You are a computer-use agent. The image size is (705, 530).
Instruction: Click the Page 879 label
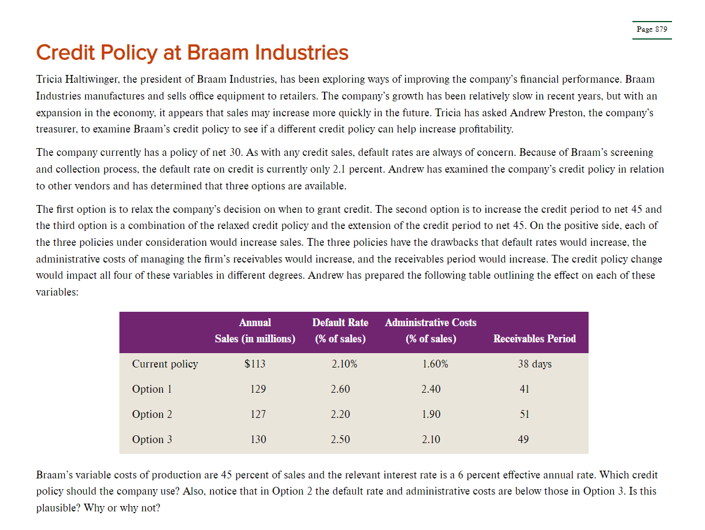tap(652, 29)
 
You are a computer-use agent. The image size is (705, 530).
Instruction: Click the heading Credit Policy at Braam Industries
tap(192, 53)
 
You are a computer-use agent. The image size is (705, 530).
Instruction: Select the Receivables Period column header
tap(534, 339)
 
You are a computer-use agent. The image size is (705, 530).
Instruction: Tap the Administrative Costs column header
tap(431, 331)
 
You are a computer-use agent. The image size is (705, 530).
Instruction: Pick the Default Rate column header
tap(340, 331)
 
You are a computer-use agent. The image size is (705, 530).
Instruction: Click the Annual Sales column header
tap(255, 331)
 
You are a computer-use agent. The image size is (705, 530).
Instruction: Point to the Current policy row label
tap(165, 364)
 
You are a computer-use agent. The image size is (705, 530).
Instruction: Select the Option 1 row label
tap(152, 389)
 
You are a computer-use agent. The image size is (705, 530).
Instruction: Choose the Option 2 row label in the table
tap(152, 414)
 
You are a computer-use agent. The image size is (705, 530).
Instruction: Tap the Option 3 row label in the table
tap(152, 439)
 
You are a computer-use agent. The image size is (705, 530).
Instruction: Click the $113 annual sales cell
tap(255, 364)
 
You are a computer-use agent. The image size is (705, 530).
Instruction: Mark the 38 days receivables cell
tap(535, 364)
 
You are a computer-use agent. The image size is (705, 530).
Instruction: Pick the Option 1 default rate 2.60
tap(340, 389)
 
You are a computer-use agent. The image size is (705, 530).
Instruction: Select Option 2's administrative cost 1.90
tap(431, 414)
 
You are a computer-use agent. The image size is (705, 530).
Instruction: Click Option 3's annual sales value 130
tap(258, 439)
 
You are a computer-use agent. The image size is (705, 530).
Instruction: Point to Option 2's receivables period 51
tap(524, 414)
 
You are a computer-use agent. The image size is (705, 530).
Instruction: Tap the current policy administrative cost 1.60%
tap(435, 364)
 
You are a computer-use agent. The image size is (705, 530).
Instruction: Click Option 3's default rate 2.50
tap(340, 439)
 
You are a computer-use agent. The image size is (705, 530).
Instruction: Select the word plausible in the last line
tap(56, 508)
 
